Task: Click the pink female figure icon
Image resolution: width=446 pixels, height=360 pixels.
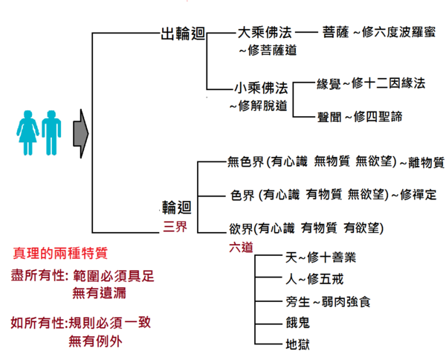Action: [x=28, y=132]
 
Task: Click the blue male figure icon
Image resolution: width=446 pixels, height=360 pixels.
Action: [x=50, y=132]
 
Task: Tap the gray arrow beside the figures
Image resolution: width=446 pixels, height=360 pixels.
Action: [x=80, y=133]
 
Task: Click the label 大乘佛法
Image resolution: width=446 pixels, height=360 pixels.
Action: [x=262, y=33]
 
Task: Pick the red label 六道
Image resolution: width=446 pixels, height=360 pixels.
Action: [x=242, y=245]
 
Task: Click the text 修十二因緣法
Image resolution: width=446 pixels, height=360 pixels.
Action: [x=390, y=83]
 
